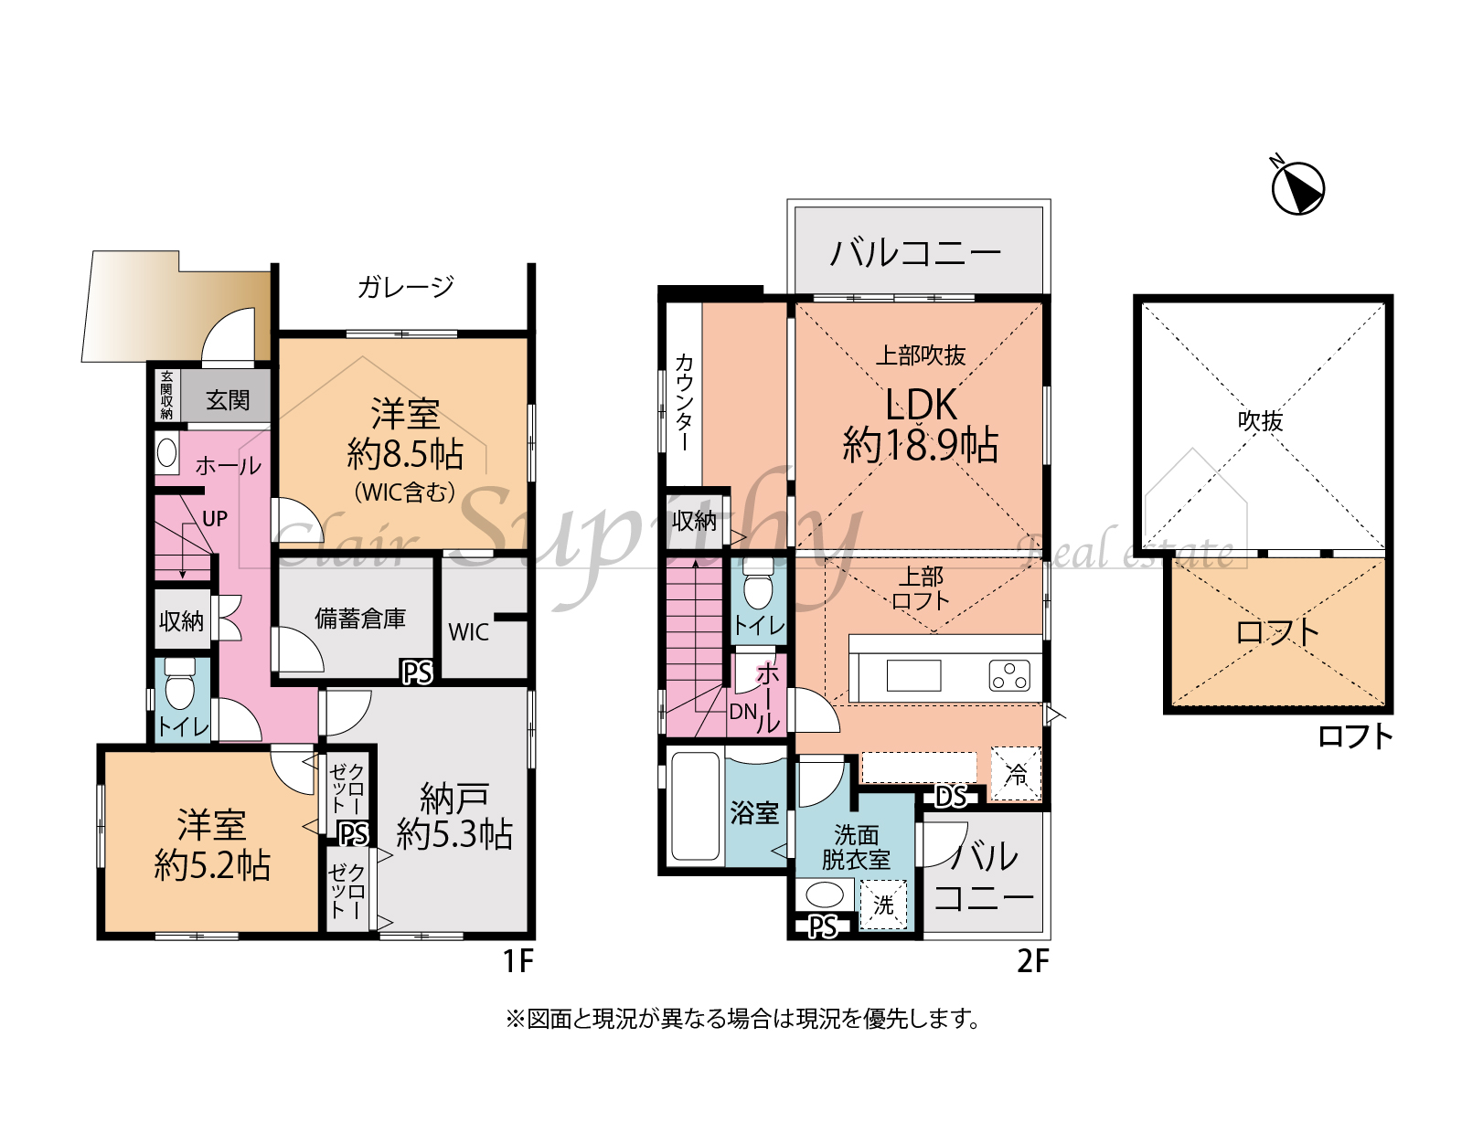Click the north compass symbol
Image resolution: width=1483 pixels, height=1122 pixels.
1297,187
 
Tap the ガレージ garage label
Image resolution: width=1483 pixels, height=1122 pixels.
405,287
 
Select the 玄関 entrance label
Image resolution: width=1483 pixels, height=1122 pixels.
228,400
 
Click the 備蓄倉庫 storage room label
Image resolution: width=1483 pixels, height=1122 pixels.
360,619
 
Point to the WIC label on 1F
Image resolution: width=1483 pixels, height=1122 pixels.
468,632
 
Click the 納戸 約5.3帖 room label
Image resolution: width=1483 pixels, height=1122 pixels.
454,816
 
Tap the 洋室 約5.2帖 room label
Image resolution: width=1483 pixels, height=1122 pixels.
212,844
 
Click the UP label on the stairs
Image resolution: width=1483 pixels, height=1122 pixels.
215,518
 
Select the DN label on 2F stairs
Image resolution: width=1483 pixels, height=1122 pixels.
742,711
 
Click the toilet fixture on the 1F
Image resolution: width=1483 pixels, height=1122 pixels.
180,683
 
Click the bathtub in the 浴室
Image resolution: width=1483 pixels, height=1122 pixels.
695,805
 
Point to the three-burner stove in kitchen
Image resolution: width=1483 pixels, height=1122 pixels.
1009,676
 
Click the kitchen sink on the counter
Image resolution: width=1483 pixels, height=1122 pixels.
913,676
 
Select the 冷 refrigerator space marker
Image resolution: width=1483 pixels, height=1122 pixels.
1016,774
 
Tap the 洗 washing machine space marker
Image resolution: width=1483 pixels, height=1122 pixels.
883,905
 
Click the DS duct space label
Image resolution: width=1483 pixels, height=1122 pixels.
951,798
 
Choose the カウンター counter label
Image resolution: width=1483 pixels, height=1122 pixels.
684,403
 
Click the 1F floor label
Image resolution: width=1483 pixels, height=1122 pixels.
518,961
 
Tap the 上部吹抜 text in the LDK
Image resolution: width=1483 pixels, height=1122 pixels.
920,355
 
